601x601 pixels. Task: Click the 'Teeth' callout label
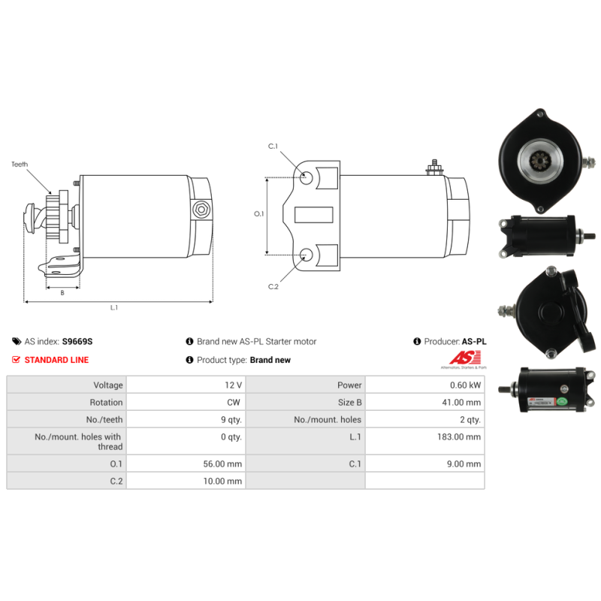(20, 164)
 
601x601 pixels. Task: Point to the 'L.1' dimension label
(114, 307)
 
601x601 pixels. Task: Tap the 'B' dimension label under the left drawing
(62, 293)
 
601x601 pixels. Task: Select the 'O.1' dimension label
(259, 214)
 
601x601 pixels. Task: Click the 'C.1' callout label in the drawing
(273, 146)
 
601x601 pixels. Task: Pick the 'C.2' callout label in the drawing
(273, 286)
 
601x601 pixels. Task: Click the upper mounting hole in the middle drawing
(307, 178)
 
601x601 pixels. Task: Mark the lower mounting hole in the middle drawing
(307, 255)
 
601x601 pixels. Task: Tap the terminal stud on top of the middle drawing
(433, 166)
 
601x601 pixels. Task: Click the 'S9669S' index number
(77, 341)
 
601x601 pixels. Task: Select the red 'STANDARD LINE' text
(56, 360)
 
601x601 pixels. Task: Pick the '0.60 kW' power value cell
(465, 385)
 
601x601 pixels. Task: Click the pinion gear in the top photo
(539, 160)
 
